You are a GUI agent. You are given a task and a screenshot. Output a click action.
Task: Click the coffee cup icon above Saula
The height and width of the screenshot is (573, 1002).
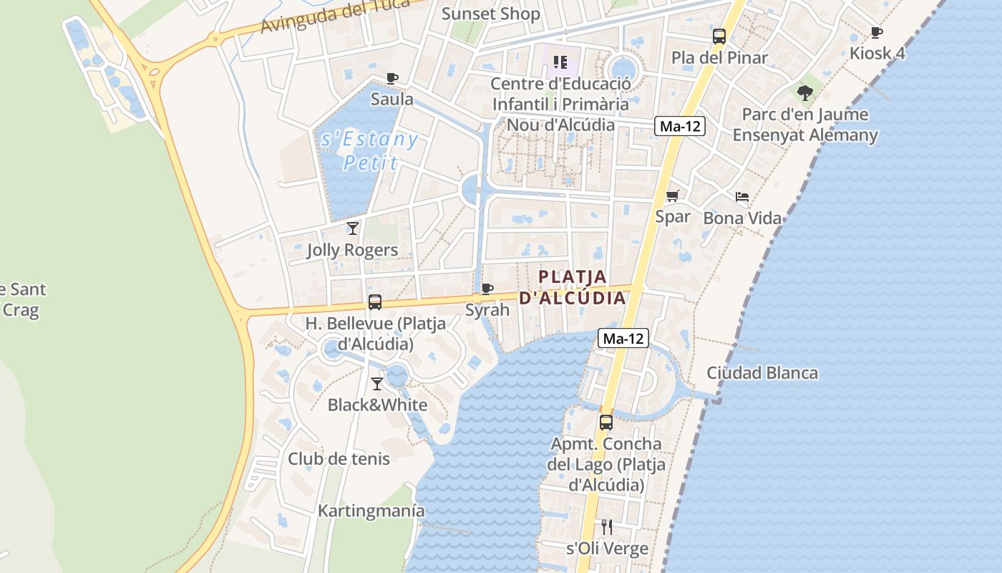click(x=391, y=78)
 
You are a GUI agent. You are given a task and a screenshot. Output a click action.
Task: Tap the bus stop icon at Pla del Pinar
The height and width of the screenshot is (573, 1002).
click(x=719, y=36)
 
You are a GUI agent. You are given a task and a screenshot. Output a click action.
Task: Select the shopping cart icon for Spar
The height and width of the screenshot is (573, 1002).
click(x=672, y=196)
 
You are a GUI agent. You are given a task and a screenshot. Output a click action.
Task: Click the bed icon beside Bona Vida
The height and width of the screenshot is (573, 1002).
click(x=742, y=197)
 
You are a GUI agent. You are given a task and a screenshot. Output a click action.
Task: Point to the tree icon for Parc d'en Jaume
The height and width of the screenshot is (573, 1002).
click(x=805, y=92)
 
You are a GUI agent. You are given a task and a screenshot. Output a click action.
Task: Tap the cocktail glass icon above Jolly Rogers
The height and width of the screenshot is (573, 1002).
click(x=352, y=228)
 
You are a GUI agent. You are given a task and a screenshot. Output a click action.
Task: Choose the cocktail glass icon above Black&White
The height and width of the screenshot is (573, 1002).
click(x=376, y=384)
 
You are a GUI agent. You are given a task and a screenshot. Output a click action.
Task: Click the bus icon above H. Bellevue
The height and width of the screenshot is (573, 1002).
click(x=375, y=302)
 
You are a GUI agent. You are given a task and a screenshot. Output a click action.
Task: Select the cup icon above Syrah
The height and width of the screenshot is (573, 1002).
click(x=487, y=289)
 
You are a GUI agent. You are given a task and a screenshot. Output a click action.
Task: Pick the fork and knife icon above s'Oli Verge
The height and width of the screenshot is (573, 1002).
click(x=607, y=527)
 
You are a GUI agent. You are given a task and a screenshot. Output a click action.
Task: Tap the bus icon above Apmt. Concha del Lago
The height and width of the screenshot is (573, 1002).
click(x=606, y=423)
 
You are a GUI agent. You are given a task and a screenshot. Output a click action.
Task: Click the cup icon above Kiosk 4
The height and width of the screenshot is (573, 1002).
click(x=876, y=32)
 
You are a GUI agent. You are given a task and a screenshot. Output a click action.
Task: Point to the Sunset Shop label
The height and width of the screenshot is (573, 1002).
click(x=490, y=14)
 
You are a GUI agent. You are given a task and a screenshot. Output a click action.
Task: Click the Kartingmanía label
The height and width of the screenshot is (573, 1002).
click(x=371, y=511)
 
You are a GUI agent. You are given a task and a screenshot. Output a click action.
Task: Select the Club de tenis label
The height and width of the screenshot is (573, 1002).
click(x=339, y=458)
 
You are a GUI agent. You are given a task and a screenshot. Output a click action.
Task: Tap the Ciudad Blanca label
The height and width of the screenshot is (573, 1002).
click(x=762, y=372)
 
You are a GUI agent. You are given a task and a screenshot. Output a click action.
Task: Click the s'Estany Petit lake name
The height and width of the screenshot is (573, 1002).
click(x=369, y=150)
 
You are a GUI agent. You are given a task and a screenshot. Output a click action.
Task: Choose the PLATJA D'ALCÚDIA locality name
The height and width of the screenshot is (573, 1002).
click(x=572, y=286)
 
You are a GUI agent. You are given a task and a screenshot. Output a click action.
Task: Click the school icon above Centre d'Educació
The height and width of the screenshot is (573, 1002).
click(x=560, y=62)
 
